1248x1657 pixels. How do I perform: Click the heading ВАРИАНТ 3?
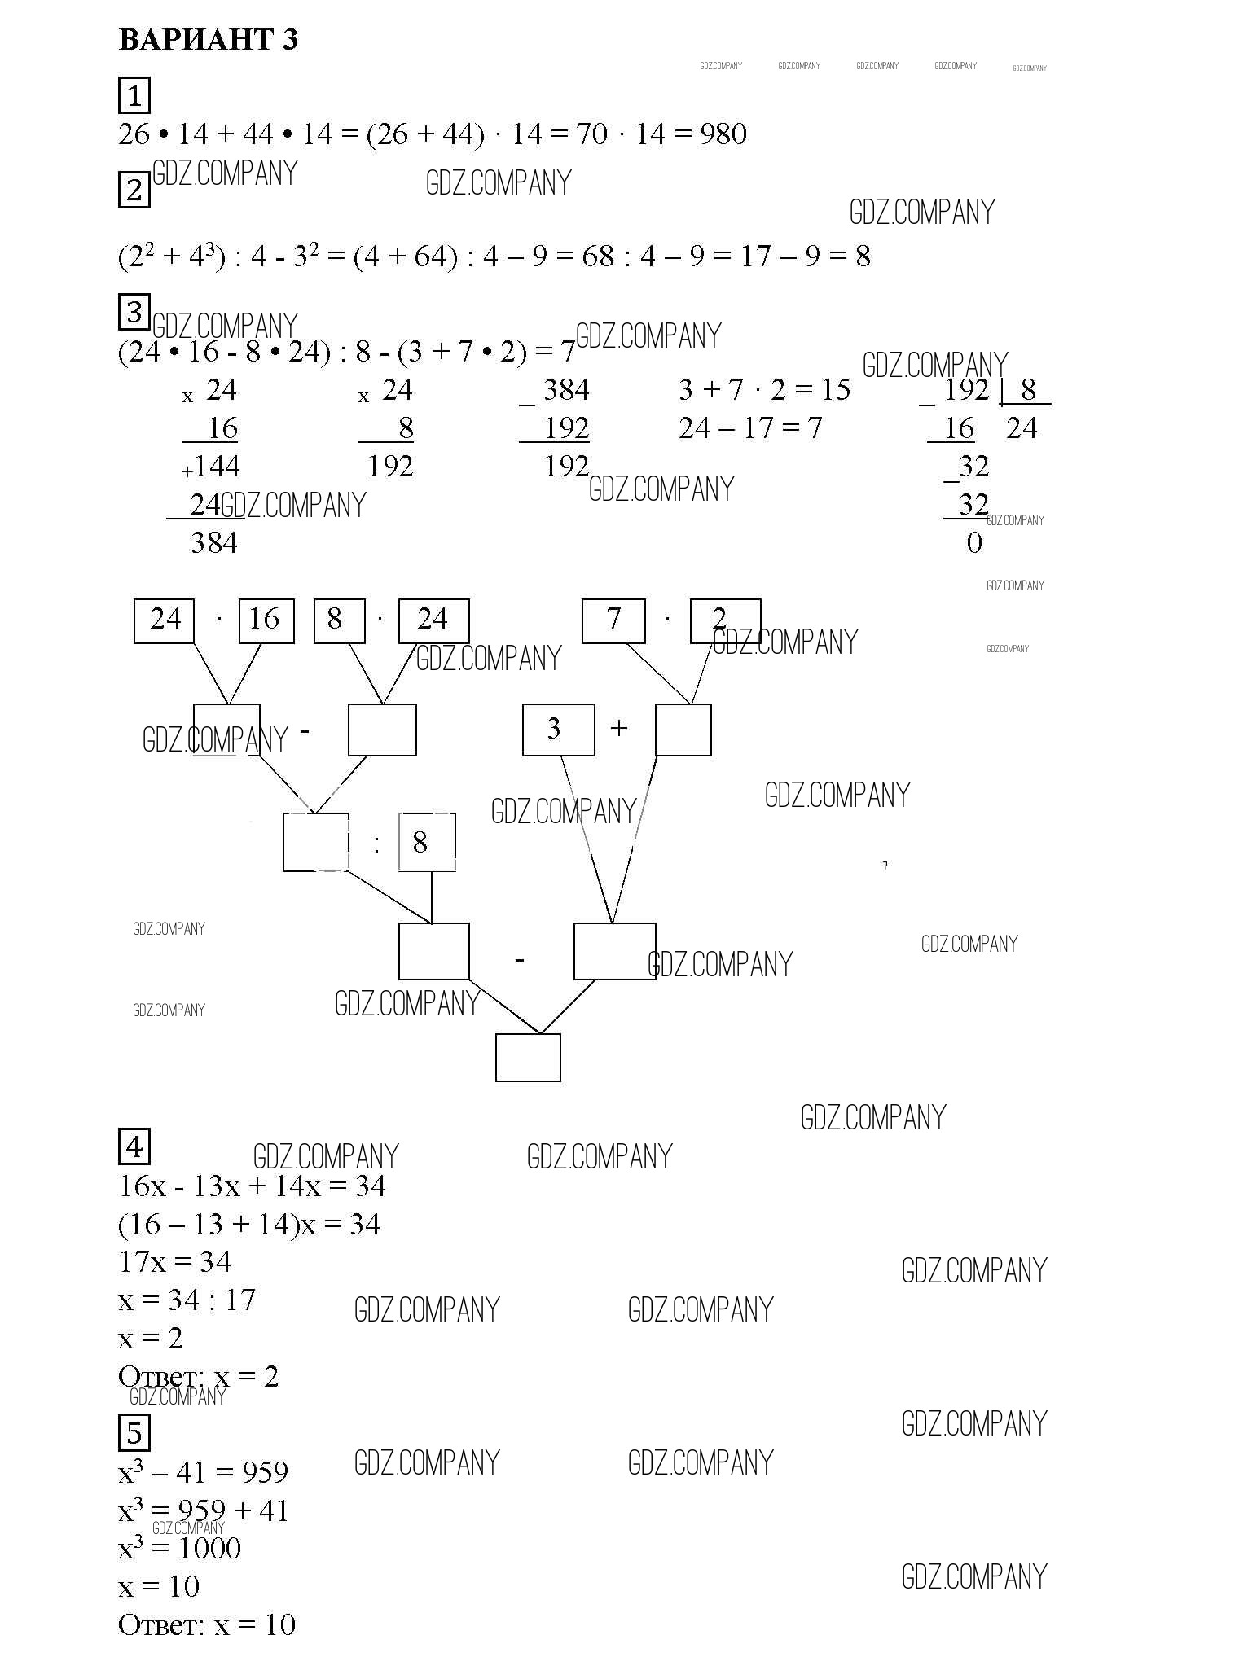pos(209,39)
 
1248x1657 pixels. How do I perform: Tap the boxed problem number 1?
pos(134,96)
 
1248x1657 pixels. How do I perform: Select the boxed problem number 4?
pos(134,1146)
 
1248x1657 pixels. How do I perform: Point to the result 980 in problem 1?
pos(723,134)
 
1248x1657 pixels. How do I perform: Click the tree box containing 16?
pos(266,621)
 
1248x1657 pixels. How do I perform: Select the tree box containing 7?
pos(613,621)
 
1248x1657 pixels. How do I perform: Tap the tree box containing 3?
pos(558,730)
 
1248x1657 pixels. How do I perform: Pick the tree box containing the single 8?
pos(427,842)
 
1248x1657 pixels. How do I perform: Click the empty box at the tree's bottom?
pos(528,1058)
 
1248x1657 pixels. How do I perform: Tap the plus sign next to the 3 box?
pos(619,727)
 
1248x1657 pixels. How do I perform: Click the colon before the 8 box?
pos(376,844)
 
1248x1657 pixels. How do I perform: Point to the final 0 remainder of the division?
pos(974,543)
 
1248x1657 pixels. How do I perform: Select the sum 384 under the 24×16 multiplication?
pos(214,543)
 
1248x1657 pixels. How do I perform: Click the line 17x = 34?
pos(175,1262)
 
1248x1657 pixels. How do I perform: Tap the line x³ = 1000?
pos(180,1546)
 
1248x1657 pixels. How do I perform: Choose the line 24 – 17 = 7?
pos(750,428)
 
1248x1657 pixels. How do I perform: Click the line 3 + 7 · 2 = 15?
pos(764,390)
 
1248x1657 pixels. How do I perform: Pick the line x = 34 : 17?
pos(187,1300)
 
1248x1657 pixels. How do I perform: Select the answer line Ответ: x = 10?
pos(207,1625)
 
